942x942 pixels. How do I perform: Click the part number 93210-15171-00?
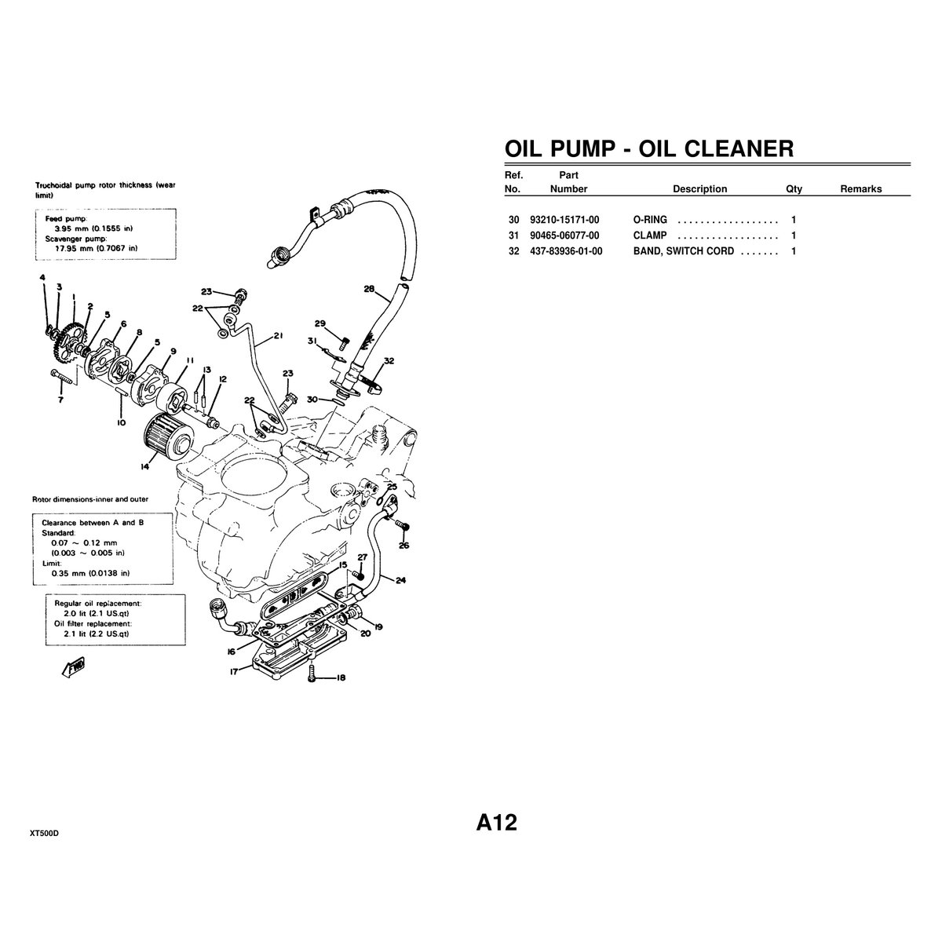(564, 220)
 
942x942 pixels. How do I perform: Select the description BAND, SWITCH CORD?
(683, 251)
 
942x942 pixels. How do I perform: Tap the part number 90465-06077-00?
(564, 235)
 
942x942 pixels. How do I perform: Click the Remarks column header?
(860, 189)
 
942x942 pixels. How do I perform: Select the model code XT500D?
(45, 833)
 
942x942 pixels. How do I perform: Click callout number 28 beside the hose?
(369, 289)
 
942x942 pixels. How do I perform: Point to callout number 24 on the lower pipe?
(400, 581)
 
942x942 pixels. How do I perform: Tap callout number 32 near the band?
(389, 361)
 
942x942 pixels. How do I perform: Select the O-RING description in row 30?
(650, 220)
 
